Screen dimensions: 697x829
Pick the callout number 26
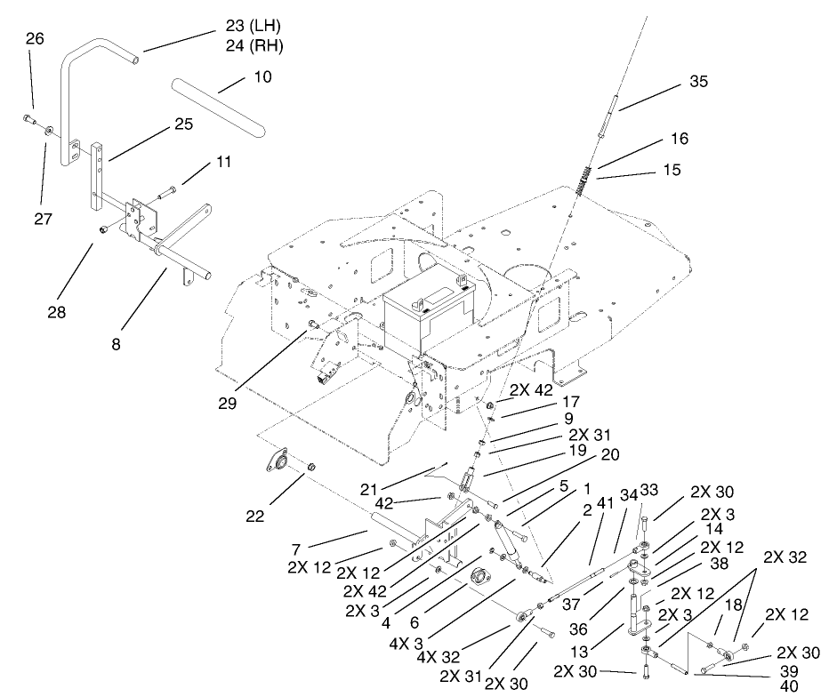(35, 38)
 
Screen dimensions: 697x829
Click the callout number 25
(182, 124)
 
